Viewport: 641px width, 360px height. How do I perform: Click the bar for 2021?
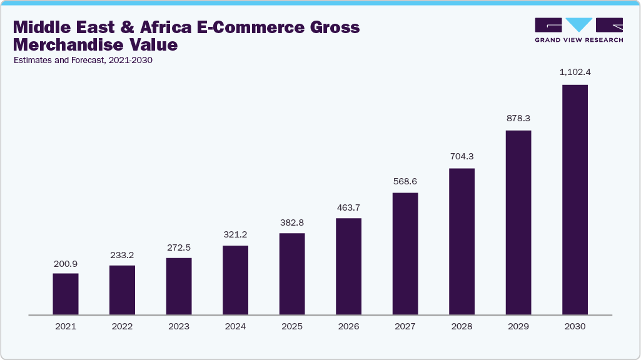(x=66, y=294)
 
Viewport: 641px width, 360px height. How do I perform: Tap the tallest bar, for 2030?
(x=575, y=199)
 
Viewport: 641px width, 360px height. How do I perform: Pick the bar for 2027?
(x=405, y=253)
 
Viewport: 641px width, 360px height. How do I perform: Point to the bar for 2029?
(x=518, y=222)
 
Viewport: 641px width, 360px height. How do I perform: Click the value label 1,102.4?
(x=575, y=72)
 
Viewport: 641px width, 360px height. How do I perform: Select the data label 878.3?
(x=518, y=118)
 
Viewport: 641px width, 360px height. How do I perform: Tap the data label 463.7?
(x=348, y=206)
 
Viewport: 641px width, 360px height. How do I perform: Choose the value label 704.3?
(x=462, y=156)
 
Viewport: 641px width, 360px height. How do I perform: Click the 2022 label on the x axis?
(x=122, y=326)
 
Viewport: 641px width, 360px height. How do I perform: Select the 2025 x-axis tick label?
(x=292, y=326)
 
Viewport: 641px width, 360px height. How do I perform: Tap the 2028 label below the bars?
(x=462, y=326)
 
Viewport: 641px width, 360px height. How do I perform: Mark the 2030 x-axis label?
(x=575, y=326)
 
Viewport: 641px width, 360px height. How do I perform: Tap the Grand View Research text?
(x=578, y=40)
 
